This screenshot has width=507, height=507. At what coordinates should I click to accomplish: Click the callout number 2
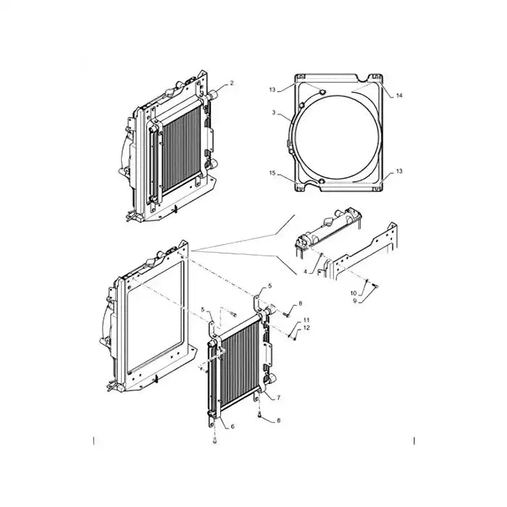pos(232,84)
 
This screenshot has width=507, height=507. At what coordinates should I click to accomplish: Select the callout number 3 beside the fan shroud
pos(274,114)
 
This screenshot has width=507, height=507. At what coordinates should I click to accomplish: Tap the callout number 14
pos(399,96)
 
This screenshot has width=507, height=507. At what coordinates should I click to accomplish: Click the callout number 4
pos(306,272)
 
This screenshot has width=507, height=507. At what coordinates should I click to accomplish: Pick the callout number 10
pos(353,293)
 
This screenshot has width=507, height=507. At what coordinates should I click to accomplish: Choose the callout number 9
pos(353,301)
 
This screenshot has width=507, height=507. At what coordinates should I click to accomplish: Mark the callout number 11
pos(306,320)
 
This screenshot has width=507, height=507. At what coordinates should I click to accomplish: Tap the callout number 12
pos(306,328)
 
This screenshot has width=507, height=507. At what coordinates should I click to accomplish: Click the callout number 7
pos(279,398)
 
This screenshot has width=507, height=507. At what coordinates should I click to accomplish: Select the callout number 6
pos(232,427)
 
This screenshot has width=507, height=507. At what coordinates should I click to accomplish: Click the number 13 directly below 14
pos(399,172)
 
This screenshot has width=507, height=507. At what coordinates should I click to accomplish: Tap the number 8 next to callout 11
pos(300,303)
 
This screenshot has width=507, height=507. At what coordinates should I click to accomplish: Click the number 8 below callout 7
pos(280,420)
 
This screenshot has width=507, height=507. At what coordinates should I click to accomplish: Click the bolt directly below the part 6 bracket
pos(214,441)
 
